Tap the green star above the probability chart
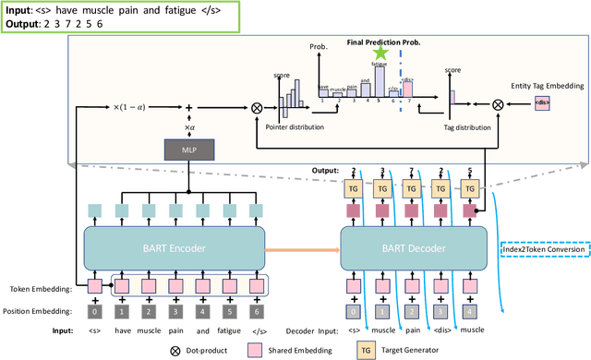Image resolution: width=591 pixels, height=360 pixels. point(380,54)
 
